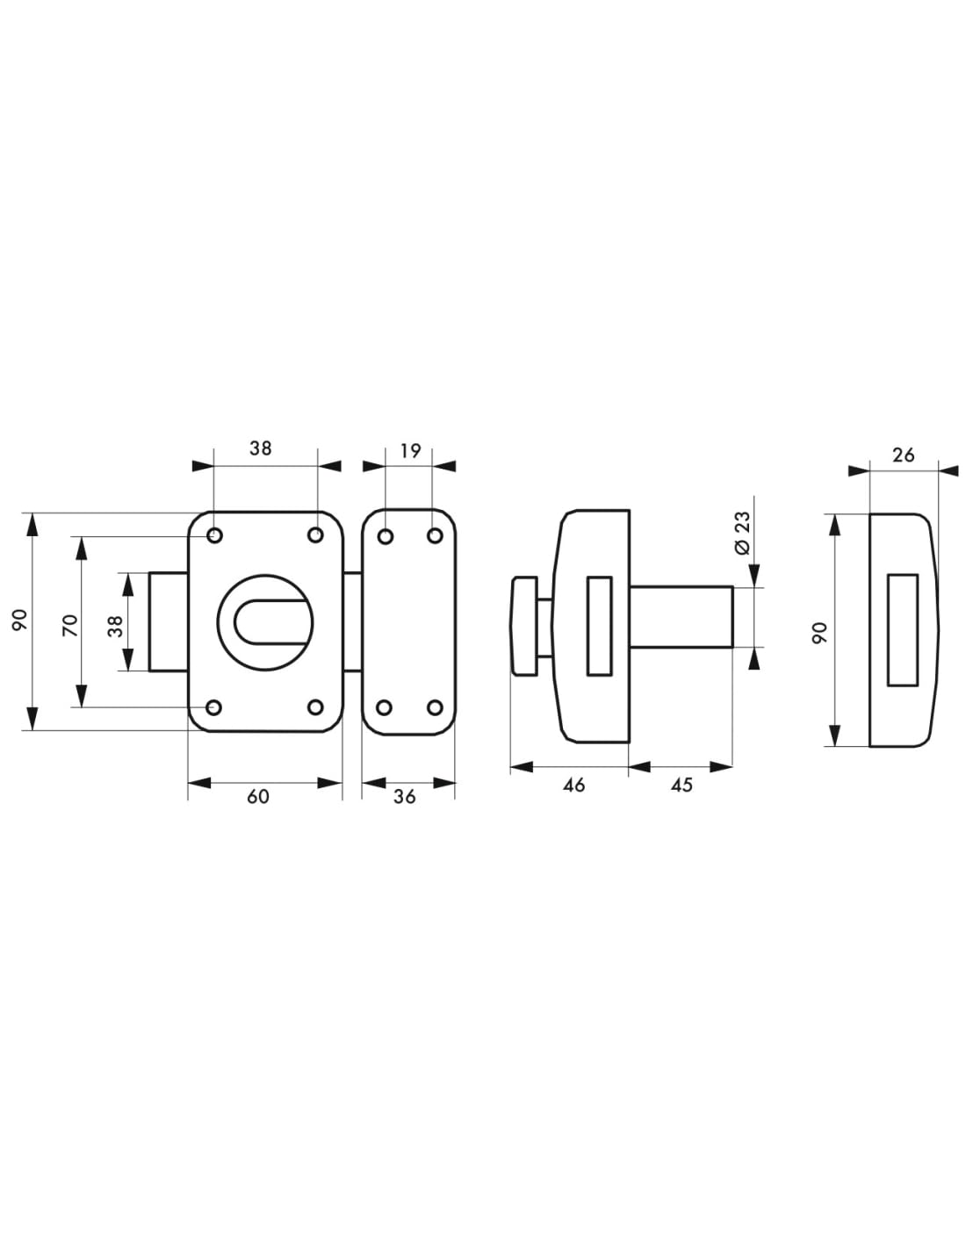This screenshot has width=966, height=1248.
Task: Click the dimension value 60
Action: coord(257,797)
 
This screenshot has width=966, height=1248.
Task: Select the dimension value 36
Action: coord(404,797)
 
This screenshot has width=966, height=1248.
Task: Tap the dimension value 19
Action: coord(410,451)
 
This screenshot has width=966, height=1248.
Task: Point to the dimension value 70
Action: coord(70,625)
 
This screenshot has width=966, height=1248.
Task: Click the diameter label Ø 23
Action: coord(742,533)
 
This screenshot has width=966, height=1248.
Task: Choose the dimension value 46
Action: coord(573,785)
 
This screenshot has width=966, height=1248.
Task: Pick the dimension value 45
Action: coord(681,785)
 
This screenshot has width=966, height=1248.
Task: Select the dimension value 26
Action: coord(903,455)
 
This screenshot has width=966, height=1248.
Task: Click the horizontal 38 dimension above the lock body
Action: coord(260,448)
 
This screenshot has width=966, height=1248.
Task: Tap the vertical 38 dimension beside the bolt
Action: coord(116,626)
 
